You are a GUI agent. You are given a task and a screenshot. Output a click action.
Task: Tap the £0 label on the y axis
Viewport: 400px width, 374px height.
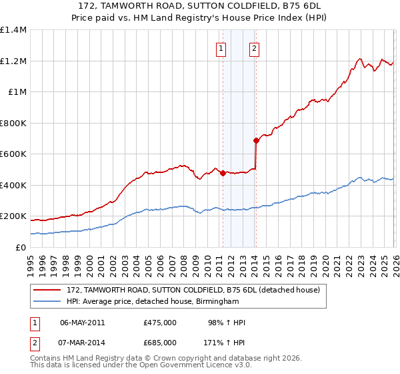(x=20, y=248)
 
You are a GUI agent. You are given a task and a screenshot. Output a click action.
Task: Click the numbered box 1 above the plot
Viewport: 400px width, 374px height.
(x=221, y=47)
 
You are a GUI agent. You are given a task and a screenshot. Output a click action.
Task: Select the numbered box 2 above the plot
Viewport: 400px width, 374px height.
(x=255, y=47)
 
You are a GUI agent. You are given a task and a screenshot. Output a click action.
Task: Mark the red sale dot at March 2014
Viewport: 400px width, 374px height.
(x=255, y=140)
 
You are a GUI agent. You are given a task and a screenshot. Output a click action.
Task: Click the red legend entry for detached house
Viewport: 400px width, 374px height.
(x=193, y=291)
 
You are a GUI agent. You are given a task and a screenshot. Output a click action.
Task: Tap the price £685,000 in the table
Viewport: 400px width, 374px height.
(x=159, y=342)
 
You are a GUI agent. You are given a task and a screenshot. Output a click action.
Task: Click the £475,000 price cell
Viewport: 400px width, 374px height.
(x=159, y=323)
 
